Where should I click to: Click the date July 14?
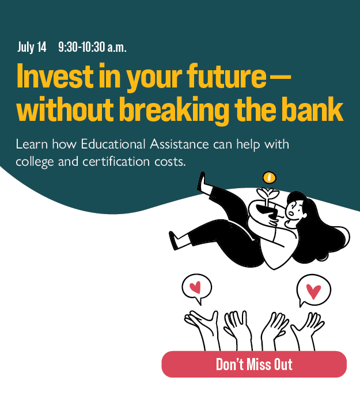tap(32, 48)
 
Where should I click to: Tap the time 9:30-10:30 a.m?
tap(92, 48)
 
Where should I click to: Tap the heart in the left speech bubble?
tap(196, 286)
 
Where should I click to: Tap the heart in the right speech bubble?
tap(313, 291)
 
